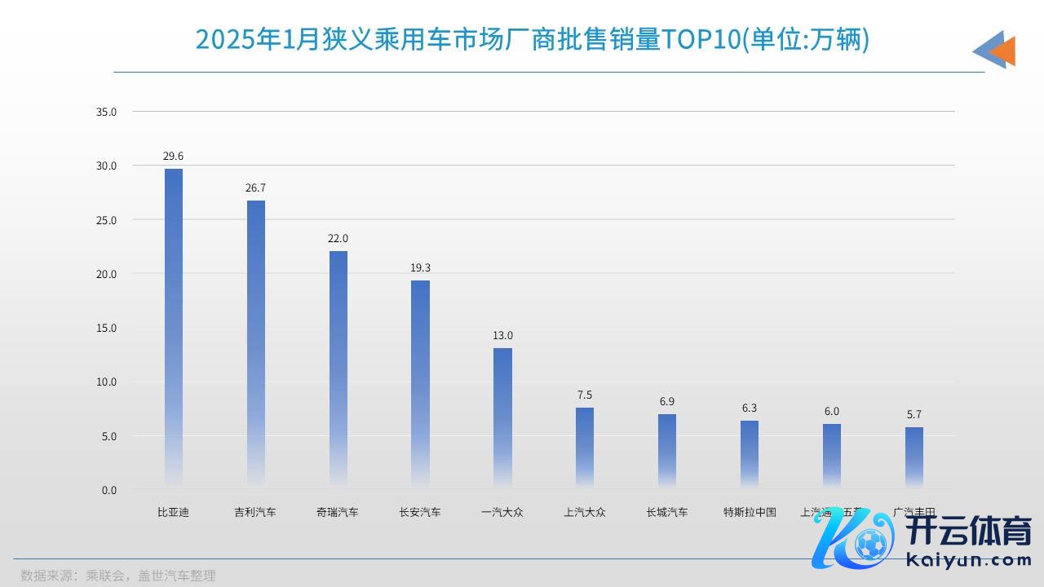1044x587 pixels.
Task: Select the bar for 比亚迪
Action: (174, 326)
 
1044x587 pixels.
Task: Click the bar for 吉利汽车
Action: (256, 342)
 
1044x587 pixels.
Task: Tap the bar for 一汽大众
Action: (502, 416)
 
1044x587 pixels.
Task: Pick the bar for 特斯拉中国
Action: (750, 453)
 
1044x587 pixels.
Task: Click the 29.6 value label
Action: (174, 156)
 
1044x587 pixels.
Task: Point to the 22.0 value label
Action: (338, 238)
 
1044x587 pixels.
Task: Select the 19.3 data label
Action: (420, 267)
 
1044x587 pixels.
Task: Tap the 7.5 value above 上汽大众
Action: (585, 395)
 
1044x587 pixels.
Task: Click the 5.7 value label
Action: (913, 414)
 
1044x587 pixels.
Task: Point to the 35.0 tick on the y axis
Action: (107, 112)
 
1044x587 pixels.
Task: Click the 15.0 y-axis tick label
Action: (107, 328)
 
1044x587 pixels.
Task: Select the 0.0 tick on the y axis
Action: (109, 490)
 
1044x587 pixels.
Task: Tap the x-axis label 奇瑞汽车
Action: (338, 513)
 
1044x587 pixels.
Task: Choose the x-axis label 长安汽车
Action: (420, 513)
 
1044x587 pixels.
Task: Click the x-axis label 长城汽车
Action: (667, 513)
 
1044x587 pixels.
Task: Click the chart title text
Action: (533, 39)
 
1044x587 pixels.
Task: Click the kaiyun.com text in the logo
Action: (969, 560)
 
